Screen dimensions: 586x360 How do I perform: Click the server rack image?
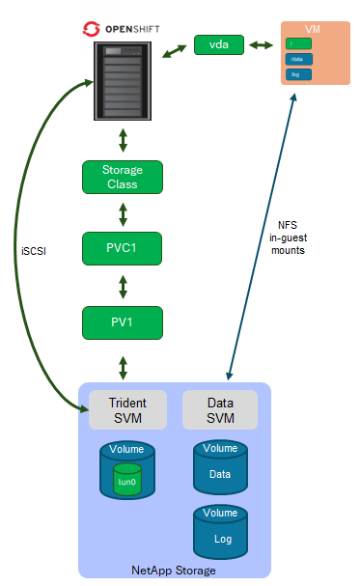[122, 80]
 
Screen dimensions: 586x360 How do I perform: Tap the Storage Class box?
[122, 177]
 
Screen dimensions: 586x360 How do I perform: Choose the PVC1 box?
[122, 248]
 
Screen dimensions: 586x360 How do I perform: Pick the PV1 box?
[122, 321]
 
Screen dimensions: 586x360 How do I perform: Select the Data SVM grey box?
[220, 410]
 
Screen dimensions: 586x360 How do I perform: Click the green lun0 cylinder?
[127, 480]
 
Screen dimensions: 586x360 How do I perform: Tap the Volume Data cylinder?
[220, 467]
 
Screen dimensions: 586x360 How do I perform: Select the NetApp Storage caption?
[173, 570]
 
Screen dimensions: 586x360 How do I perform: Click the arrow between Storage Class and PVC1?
[122, 212]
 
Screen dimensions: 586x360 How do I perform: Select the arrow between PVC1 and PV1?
[122, 285]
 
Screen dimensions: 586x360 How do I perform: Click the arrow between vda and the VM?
[260, 44]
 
